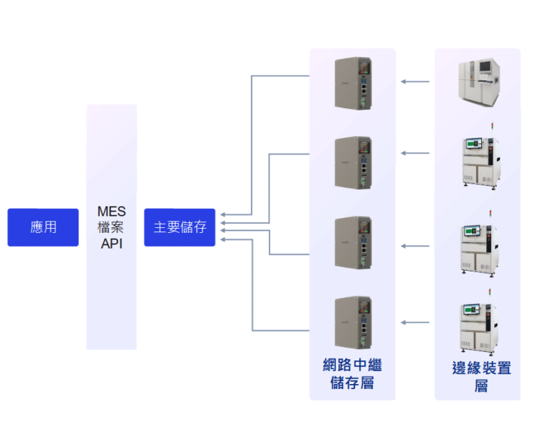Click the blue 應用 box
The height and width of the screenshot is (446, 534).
pyautogui.click(x=43, y=227)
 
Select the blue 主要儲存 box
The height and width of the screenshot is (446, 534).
pyautogui.click(x=180, y=227)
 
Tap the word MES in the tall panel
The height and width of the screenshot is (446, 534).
pyautogui.click(x=111, y=212)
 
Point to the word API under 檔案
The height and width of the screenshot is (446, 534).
pyautogui.click(x=111, y=244)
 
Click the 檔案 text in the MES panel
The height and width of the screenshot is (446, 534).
pyautogui.click(x=111, y=227)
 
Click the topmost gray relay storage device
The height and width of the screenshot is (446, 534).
pyautogui.click(x=353, y=84)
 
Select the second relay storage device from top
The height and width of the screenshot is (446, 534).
pyautogui.click(x=353, y=162)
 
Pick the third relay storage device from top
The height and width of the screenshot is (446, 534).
pyautogui.click(x=353, y=242)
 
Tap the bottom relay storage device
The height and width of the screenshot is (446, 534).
pyautogui.click(x=353, y=322)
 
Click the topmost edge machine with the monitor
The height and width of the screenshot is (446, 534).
pyautogui.click(x=478, y=81)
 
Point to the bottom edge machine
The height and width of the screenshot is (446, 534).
pyautogui.click(x=478, y=326)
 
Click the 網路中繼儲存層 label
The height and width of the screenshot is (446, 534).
pyautogui.click(x=352, y=375)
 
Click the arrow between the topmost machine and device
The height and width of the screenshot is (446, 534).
pyautogui.click(x=415, y=82)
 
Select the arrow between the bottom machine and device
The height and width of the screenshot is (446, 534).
pyautogui.click(x=415, y=323)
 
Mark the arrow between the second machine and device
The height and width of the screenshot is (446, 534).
pyautogui.click(x=415, y=153)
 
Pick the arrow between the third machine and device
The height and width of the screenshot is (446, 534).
pyautogui.click(x=415, y=246)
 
